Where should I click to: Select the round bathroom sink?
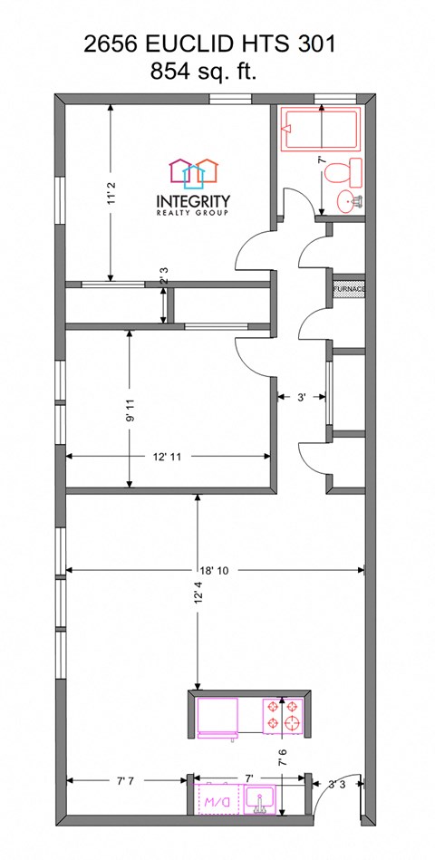point(348,201)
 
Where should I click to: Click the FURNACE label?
point(349,289)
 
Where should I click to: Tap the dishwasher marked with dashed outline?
point(217,801)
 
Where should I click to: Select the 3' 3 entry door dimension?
point(337,784)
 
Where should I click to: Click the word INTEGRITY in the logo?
point(194,201)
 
